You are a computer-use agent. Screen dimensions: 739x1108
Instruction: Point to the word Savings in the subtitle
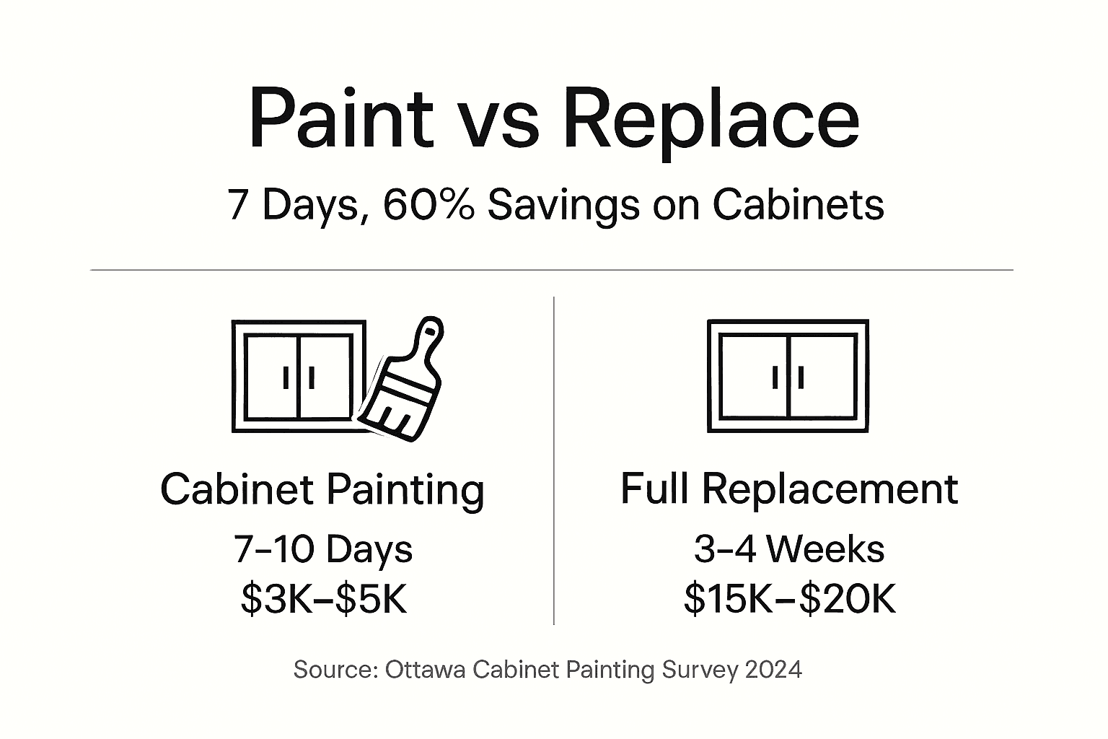pos(563,206)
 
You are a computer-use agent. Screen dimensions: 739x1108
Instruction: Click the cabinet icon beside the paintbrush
pos(298,377)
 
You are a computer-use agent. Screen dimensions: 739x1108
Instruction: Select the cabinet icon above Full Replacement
pos(788,376)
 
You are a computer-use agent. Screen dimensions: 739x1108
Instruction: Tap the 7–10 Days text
pos(322,549)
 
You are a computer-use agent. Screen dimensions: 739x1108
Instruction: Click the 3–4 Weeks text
pos(788,549)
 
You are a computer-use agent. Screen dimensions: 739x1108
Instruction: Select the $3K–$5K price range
pos(324,598)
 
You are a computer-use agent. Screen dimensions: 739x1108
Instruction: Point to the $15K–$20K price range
pos(789,598)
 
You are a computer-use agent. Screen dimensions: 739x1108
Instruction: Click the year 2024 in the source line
pos(773,670)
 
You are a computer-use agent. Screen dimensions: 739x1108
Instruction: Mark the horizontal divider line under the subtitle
pos(552,270)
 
